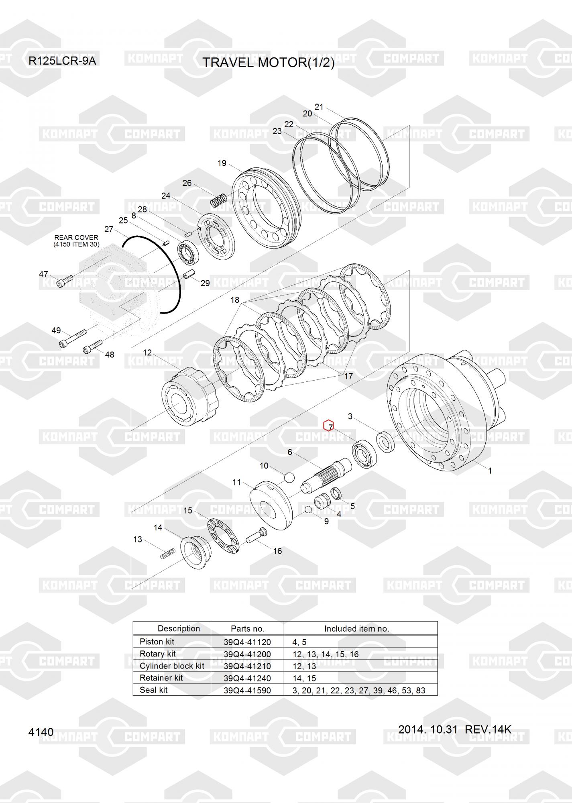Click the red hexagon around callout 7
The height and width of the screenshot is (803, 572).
point(329,425)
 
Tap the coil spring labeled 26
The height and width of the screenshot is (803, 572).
point(219,200)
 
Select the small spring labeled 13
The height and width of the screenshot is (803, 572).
point(168,553)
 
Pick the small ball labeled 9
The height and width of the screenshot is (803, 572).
point(309,510)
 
